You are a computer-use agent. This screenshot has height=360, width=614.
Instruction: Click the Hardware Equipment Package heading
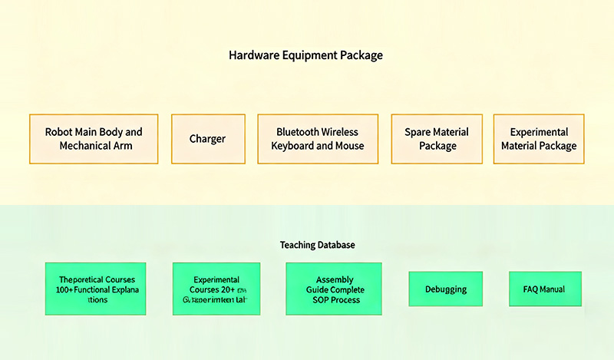(x=305, y=55)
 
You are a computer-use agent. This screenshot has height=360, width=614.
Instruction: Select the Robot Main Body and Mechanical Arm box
(x=94, y=139)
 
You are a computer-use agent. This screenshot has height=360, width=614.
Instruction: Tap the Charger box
(x=207, y=139)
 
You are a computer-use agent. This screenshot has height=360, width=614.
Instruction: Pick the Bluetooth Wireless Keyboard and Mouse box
(x=317, y=139)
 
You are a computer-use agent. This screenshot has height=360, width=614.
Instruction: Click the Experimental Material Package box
(x=538, y=139)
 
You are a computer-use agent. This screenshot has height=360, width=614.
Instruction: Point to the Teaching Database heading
(x=317, y=245)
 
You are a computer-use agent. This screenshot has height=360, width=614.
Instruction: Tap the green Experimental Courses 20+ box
(x=216, y=289)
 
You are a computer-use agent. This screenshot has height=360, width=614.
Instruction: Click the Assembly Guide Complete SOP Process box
(x=334, y=289)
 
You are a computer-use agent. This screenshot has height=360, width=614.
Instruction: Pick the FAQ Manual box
(x=545, y=289)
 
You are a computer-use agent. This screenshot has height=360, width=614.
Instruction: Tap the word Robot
(x=58, y=132)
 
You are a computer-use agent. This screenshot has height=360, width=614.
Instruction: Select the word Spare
(x=418, y=132)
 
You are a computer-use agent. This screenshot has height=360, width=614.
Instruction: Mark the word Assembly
(x=334, y=279)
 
